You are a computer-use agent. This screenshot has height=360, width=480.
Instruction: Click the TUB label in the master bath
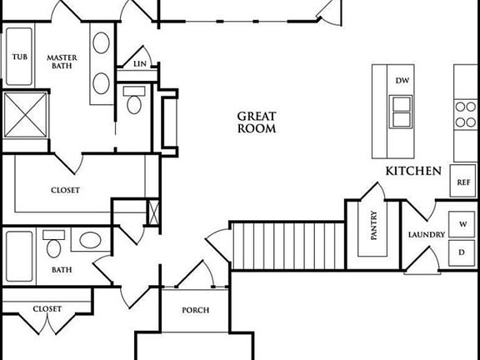(x=18, y=57)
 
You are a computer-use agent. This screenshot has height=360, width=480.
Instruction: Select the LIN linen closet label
(x=141, y=63)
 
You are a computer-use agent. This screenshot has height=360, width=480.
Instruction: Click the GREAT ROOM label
(x=257, y=122)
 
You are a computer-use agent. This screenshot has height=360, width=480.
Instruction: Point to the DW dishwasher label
(x=402, y=81)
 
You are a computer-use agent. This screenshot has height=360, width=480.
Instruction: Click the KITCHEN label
(x=412, y=171)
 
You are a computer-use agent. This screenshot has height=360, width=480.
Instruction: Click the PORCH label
(x=196, y=311)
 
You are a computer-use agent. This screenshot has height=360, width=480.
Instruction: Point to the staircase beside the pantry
(x=287, y=245)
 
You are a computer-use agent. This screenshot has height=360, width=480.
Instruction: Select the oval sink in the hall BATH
(x=90, y=242)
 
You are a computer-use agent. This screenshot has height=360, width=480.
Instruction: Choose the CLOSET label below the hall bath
(x=47, y=308)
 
